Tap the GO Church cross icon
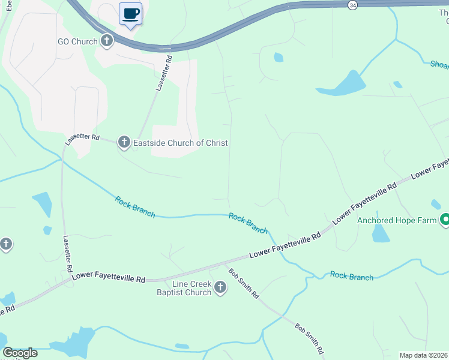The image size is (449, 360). [x=107, y=41]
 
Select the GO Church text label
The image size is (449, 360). [x=76, y=41]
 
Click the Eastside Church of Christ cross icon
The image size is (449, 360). [x=124, y=142]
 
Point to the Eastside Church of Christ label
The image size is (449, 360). [x=172, y=143]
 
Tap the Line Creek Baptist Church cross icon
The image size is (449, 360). [x=220, y=288]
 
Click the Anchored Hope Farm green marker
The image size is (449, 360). [x=445, y=220]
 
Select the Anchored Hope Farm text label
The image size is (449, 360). [x=397, y=220]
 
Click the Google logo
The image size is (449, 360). [x=20, y=353]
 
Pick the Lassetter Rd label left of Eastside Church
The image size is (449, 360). [x=82, y=137]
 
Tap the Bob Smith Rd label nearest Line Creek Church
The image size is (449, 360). [x=243, y=283]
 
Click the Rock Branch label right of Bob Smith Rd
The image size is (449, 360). [x=352, y=277]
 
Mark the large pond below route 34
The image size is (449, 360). [x=342, y=85]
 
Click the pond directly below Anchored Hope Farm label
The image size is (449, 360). [x=381, y=234]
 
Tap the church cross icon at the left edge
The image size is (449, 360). [x=5, y=244]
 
